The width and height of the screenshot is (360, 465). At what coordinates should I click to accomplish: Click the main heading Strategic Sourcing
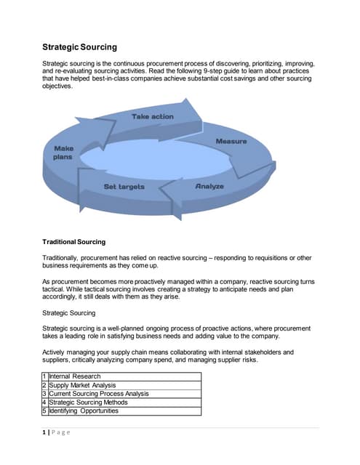coord(79,47)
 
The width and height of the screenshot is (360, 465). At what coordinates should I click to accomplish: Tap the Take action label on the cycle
coord(152,116)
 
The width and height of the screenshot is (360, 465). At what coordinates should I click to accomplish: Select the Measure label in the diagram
coord(231,141)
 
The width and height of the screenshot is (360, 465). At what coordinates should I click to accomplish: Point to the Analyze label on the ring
coord(209,187)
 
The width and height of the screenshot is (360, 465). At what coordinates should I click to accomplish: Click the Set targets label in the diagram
coord(124,187)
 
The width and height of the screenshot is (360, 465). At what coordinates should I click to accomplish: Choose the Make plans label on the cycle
coord(63,153)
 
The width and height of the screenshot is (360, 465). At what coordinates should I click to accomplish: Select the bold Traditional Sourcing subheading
coord(73,241)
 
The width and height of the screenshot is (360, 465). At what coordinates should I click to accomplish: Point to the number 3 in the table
coord(44,393)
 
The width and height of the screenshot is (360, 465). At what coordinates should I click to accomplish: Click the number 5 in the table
coord(44,411)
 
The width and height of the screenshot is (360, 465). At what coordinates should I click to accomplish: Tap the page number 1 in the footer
coord(44,433)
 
